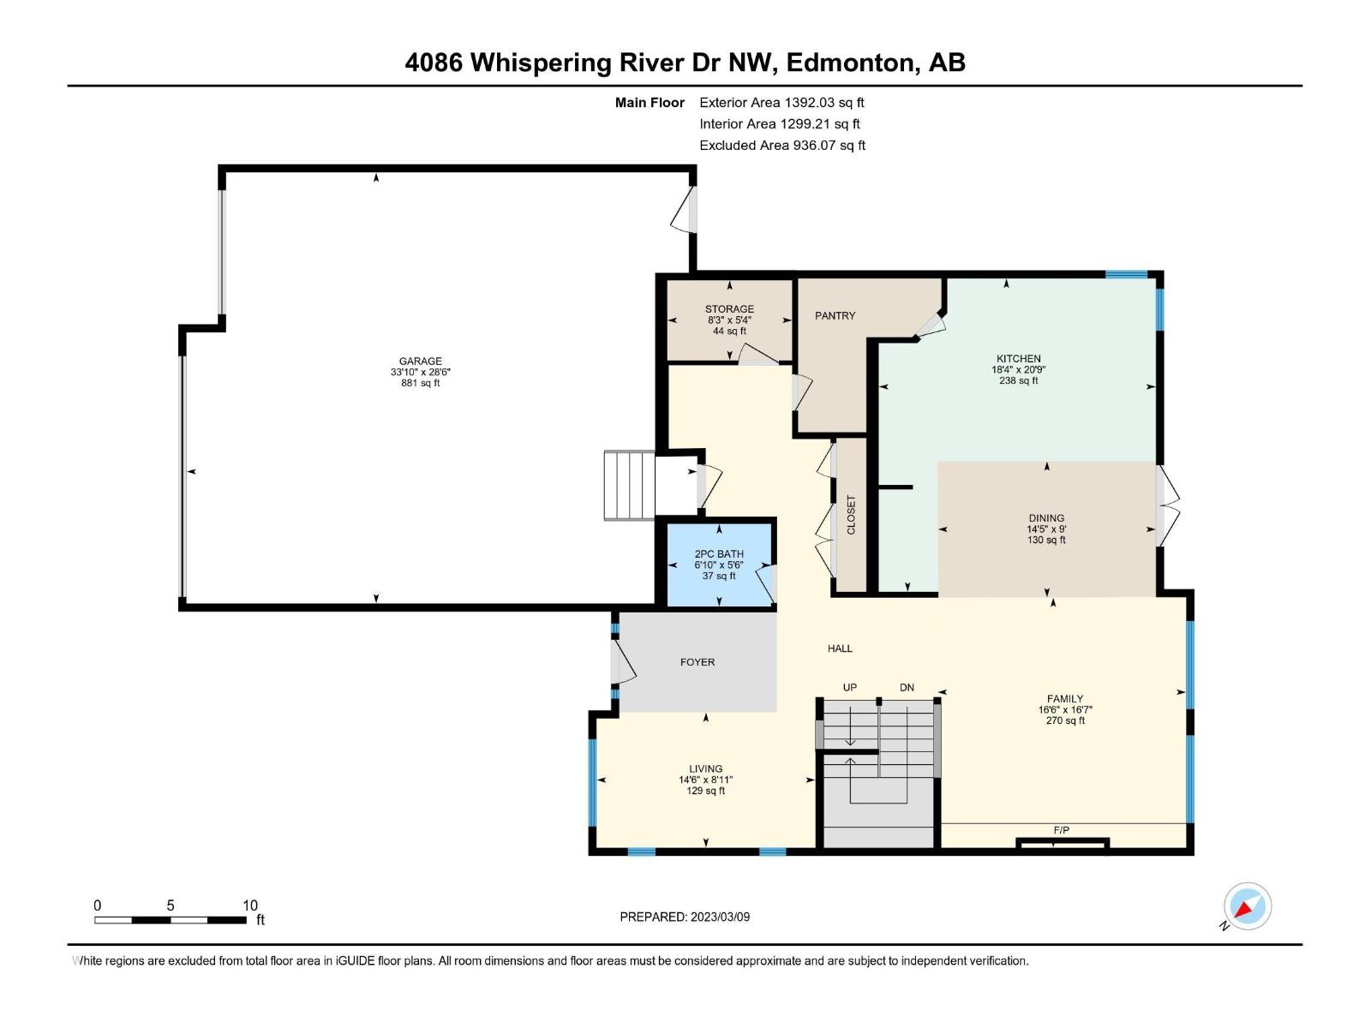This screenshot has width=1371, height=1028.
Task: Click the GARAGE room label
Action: coord(420,362)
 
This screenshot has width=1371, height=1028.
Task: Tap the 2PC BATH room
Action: coord(719,565)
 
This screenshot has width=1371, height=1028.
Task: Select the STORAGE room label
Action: coord(729,309)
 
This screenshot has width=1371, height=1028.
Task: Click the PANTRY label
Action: coord(835,316)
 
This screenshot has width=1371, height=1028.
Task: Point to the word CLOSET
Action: coord(851,515)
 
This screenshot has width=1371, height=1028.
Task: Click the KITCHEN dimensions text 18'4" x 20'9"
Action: coord(1018,370)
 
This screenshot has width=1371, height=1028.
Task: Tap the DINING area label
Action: coord(1046,518)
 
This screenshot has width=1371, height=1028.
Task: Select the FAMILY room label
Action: coord(1064,699)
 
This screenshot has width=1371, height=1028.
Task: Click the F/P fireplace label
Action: coord(1061,830)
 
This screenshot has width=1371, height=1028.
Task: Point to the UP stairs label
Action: coord(849,688)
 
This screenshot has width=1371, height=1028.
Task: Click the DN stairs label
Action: coord(907,688)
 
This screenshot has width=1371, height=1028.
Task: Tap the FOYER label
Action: coord(697,662)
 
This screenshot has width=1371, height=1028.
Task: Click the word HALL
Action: coord(840,648)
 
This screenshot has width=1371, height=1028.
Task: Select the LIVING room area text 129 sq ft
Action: coord(705,791)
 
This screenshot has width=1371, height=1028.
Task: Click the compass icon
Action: coord(1247,906)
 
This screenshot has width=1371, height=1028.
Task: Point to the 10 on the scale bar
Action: coord(249,905)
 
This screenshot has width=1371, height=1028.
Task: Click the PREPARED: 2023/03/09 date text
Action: coord(685,917)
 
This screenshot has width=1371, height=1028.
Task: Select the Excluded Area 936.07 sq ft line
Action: coord(781,146)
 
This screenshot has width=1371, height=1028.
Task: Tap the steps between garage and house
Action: coord(629,486)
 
